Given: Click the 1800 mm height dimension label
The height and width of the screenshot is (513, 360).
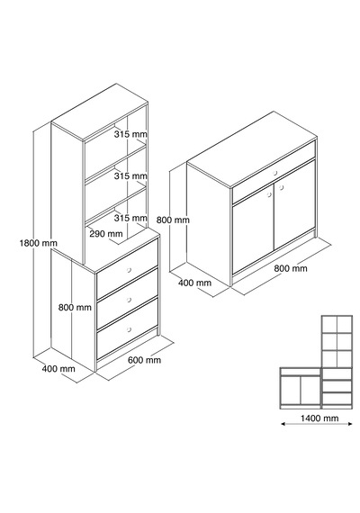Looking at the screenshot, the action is (39, 243).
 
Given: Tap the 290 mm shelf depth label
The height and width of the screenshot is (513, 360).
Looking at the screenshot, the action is (106, 234).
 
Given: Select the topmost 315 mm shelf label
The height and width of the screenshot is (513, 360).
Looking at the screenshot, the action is (130, 134).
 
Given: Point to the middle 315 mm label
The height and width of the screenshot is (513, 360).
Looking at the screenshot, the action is (130, 176).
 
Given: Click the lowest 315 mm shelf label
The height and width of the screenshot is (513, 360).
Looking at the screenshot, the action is (130, 218).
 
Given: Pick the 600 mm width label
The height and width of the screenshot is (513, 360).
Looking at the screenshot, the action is (144, 360).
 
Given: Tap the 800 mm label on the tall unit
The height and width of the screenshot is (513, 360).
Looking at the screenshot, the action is (75, 308).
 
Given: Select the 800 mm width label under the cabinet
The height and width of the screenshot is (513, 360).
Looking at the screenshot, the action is (291, 268).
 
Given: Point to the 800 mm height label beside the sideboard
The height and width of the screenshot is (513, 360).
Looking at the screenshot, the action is (173, 220).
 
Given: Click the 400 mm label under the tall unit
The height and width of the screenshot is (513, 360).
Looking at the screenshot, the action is (58, 369).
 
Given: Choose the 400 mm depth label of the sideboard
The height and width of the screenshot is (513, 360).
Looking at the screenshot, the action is (194, 283).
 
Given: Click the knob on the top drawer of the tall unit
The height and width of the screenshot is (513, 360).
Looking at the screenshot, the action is (129, 270).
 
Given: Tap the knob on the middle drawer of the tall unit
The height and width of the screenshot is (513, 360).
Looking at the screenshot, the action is (129, 300).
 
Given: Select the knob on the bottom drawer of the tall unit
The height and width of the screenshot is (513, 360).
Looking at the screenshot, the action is (129, 329).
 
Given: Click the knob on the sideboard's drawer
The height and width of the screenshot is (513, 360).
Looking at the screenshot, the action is (274, 173).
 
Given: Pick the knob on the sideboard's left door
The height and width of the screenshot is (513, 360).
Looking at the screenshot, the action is (269, 194).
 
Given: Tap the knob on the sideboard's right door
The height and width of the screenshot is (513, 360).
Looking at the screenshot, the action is (281, 187).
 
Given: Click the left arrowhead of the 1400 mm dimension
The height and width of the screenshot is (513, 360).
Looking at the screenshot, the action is (283, 424).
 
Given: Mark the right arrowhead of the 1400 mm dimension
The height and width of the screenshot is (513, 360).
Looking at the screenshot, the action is (350, 424).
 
